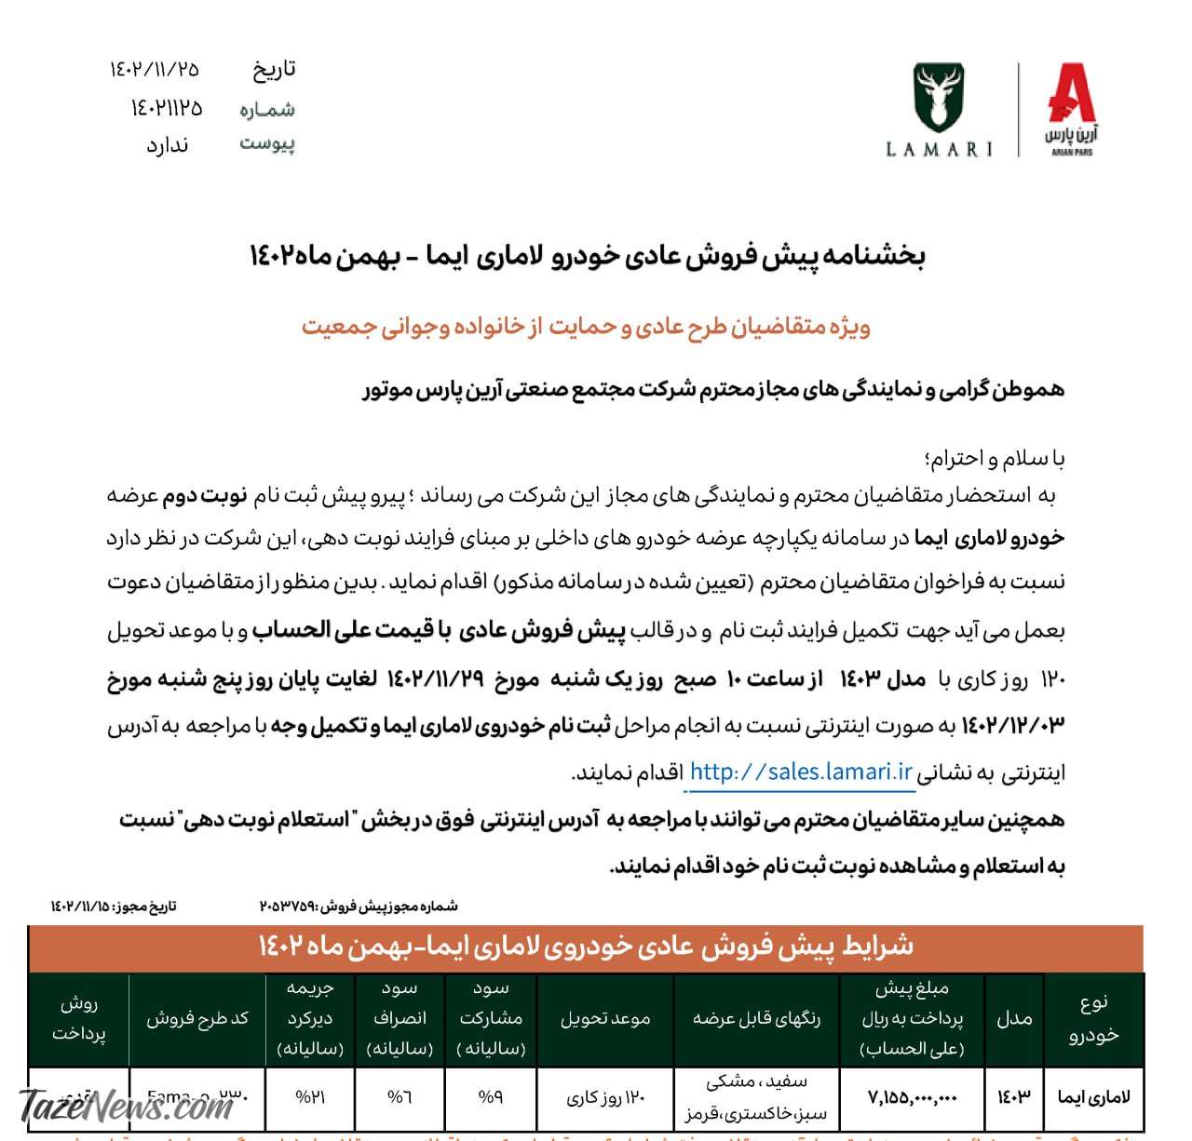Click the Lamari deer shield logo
coord(939,98)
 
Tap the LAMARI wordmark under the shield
coord(939,149)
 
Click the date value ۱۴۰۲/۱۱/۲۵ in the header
coord(155,69)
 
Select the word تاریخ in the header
coord(273,69)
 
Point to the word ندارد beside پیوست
coord(168,145)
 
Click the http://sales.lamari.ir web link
coord(801,772)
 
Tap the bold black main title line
coord(587,256)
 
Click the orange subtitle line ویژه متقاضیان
coord(586,327)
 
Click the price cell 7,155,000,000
coord(913,1098)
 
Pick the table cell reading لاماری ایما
coord(1093,1098)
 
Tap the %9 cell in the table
coord(490,1098)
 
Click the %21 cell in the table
coord(309,1098)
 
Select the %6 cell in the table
coord(400,1098)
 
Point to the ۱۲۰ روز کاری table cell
coord(605,1098)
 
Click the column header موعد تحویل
coord(605,1019)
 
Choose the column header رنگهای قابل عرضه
coord(756,1019)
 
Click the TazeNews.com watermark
coord(127,1107)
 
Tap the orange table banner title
coord(586,947)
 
